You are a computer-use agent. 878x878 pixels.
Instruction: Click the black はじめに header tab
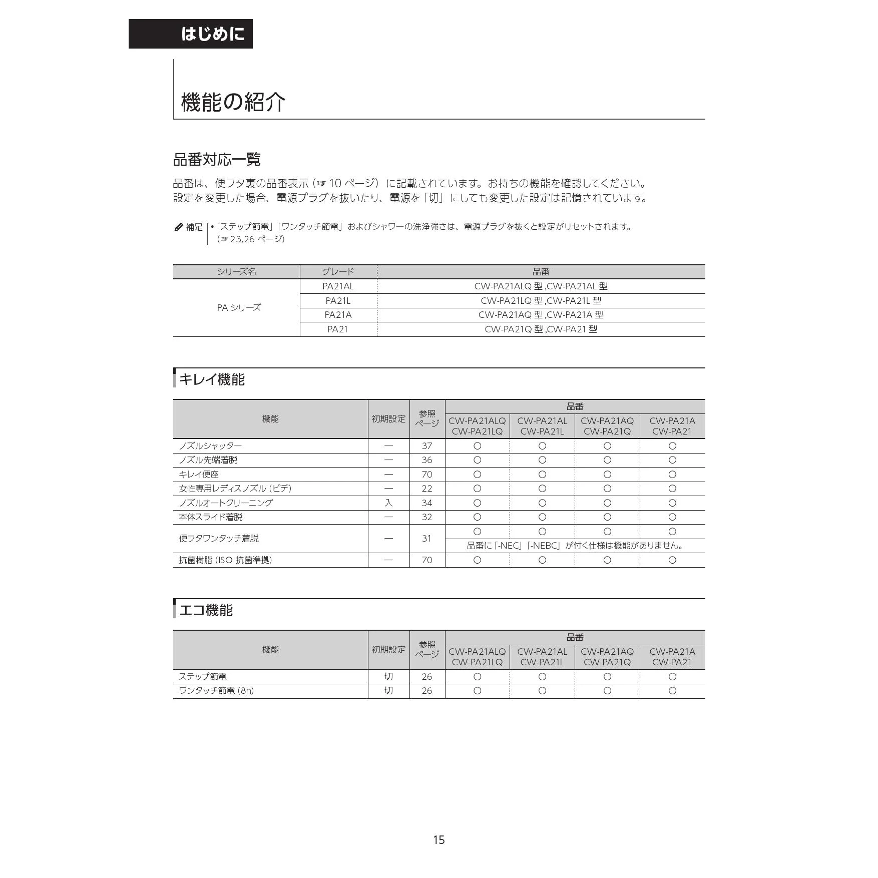click(x=191, y=34)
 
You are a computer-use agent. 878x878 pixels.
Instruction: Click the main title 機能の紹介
click(x=233, y=102)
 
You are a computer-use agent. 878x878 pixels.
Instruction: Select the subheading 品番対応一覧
click(x=217, y=160)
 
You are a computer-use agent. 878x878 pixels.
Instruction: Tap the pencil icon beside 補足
click(x=179, y=227)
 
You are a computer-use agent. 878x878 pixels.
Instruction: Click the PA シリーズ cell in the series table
click(x=239, y=308)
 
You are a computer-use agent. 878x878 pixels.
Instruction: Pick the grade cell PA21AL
click(x=338, y=286)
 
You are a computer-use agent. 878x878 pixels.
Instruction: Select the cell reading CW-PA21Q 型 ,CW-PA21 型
click(x=541, y=329)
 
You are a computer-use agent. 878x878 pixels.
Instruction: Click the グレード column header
click(x=338, y=272)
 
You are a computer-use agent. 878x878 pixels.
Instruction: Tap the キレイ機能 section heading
click(x=212, y=379)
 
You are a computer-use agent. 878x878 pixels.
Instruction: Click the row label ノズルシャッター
click(x=210, y=446)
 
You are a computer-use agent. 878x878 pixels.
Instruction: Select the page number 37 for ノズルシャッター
click(x=426, y=446)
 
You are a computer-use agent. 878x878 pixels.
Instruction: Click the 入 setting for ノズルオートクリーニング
click(x=388, y=503)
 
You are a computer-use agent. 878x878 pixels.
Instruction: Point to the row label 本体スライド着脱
click(x=211, y=517)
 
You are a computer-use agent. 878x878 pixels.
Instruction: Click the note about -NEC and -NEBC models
click(x=575, y=546)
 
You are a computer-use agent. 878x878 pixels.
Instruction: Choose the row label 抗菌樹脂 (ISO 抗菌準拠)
click(x=225, y=560)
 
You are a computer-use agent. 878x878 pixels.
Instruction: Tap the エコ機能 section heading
click(x=206, y=610)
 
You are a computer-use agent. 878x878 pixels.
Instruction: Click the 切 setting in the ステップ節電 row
click(x=388, y=677)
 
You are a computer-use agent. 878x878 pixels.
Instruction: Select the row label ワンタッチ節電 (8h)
click(x=216, y=691)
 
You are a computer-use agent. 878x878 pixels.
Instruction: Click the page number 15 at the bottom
click(x=439, y=840)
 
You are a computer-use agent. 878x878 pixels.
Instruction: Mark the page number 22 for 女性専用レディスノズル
click(x=426, y=489)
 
